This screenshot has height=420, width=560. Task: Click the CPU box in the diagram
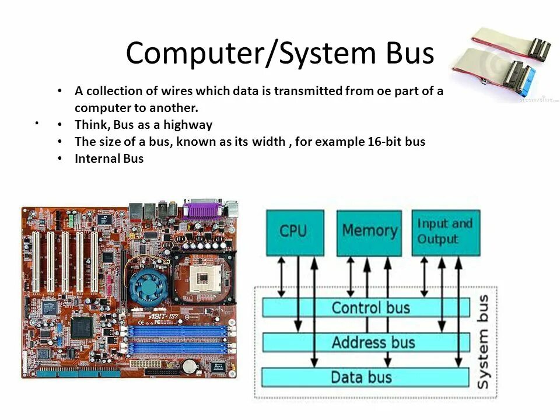pyautogui.click(x=295, y=232)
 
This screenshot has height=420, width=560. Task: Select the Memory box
pyautogui.click(x=369, y=232)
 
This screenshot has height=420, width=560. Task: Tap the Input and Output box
pyautogui.click(x=446, y=232)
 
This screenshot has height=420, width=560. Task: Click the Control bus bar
pyautogui.click(x=365, y=307)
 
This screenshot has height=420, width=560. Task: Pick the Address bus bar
pyautogui.click(x=365, y=342)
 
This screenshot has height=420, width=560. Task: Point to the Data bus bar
pyautogui.click(x=365, y=377)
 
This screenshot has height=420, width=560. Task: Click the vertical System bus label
pyautogui.click(x=484, y=342)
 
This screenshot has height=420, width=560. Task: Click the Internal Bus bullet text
pyautogui.click(x=109, y=159)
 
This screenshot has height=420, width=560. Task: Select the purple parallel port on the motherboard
pyautogui.click(x=202, y=208)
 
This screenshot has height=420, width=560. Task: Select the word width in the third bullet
pyautogui.click(x=269, y=142)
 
